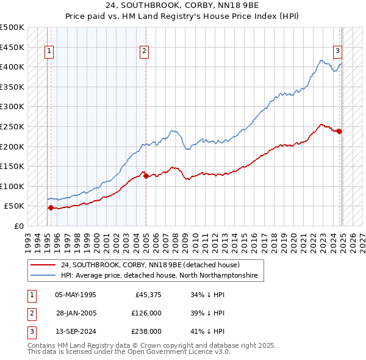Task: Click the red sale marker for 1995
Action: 51,208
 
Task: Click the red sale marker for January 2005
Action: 146,176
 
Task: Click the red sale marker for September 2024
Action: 339,131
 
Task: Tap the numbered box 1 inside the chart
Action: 49,51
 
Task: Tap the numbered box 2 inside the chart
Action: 144,51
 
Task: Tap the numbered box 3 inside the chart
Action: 337,51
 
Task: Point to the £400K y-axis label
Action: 12,67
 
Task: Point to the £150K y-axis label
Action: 12,166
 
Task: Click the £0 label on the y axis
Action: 18,226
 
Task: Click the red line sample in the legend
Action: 43,265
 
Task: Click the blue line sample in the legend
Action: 43,276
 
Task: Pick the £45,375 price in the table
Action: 147,295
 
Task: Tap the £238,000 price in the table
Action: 146,331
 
